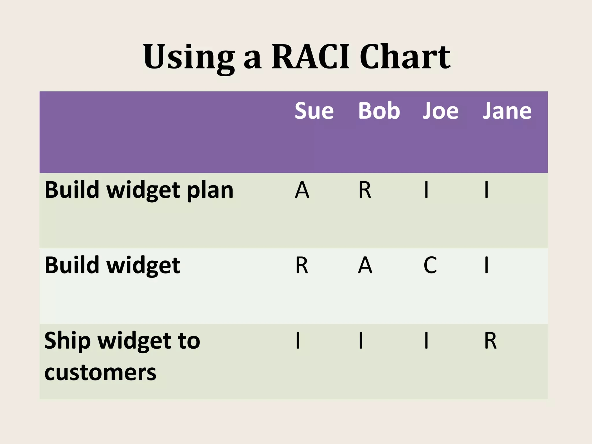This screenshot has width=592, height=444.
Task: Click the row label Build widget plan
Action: (x=139, y=190)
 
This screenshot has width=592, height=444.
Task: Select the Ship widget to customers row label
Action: (x=122, y=356)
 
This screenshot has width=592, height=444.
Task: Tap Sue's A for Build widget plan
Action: (x=302, y=190)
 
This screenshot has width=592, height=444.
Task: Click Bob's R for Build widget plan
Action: (x=365, y=190)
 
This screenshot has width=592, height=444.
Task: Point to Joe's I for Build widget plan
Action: (x=426, y=190)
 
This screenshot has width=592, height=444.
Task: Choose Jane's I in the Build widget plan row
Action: (x=486, y=190)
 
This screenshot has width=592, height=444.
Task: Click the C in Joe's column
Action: (x=430, y=265)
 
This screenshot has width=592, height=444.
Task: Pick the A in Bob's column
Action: (x=365, y=265)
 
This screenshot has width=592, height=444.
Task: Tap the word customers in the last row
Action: (x=100, y=372)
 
